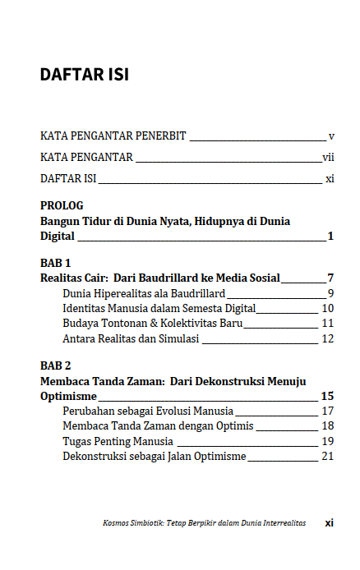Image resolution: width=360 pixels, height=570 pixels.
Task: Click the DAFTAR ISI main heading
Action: pyautogui.click(x=84, y=75)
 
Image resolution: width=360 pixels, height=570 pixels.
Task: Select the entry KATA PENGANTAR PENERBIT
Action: pyautogui.click(x=113, y=136)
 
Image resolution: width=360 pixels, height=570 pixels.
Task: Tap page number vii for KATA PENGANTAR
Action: pyautogui.click(x=328, y=157)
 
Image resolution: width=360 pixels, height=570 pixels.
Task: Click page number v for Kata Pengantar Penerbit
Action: pyautogui.click(x=330, y=136)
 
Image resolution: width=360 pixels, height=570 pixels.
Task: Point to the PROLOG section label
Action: pyautogui.click(x=62, y=205)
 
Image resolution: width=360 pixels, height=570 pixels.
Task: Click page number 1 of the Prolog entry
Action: pyautogui.click(x=330, y=237)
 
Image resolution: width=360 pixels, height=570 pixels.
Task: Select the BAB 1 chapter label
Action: pyautogui.click(x=56, y=263)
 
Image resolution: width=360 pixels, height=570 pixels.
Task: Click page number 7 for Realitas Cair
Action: pyautogui.click(x=330, y=278)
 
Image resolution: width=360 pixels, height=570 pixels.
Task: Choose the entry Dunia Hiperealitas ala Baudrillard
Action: pyautogui.click(x=144, y=293)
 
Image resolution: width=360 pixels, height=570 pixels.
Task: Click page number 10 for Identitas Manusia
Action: pyautogui.click(x=327, y=308)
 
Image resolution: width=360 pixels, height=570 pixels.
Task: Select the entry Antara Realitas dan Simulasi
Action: pyautogui.click(x=131, y=338)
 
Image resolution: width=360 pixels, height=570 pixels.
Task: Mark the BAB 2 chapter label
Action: pyautogui.click(x=56, y=365)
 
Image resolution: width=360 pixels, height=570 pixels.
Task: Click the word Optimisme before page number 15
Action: pyautogui.click(x=68, y=395)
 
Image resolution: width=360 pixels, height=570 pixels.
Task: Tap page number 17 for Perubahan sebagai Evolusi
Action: pyautogui.click(x=327, y=411)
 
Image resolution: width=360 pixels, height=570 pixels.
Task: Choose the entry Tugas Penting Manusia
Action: pyautogui.click(x=118, y=441)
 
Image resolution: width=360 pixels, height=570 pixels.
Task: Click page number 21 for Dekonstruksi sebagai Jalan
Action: pyautogui.click(x=327, y=456)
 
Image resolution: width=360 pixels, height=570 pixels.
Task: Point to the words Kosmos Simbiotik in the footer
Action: pyautogui.click(x=127, y=522)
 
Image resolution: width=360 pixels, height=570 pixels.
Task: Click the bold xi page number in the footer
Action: pyautogui.click(x=329, y=522)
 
